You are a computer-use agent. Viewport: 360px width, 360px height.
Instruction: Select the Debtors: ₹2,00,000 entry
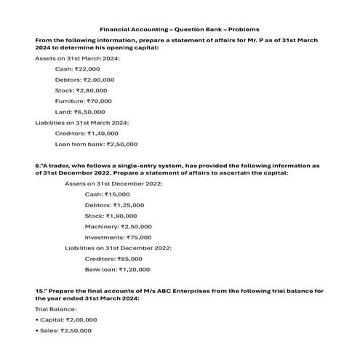coord(84,79)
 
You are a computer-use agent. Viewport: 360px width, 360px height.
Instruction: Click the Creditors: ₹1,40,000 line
coord(87,133)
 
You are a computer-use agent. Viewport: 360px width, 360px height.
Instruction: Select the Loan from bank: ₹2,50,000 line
coord(96,144)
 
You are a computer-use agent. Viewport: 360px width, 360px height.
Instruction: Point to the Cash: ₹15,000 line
coord(107,195)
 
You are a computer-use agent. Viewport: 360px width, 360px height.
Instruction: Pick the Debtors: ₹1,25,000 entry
coord(113,206)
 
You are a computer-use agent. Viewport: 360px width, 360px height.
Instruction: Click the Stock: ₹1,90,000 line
coord(111,216)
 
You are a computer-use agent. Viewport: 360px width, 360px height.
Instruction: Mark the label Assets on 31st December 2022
coord(113,184)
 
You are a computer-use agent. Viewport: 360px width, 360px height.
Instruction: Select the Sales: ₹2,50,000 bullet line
coord(63,330)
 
